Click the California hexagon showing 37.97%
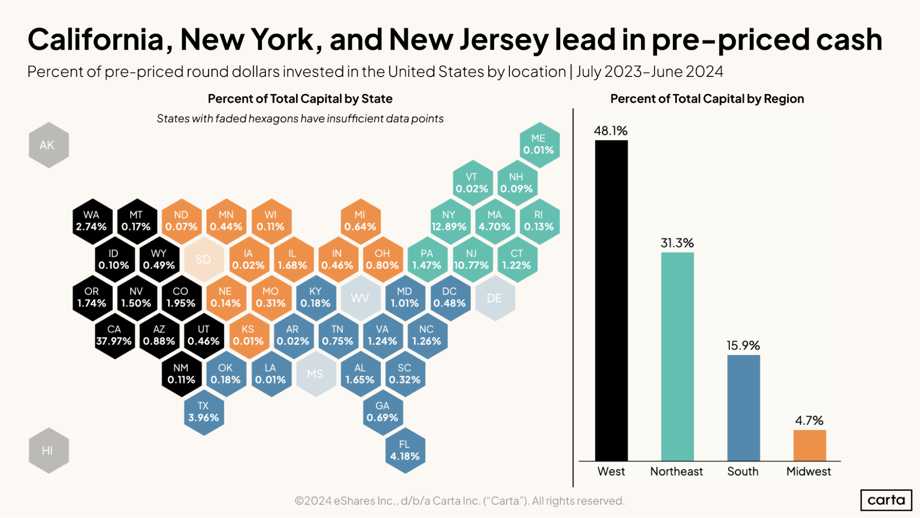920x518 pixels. coord(114,336)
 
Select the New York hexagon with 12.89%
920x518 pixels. coord(449,221)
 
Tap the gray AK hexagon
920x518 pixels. coord(48,145)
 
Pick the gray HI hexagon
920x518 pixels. coord(48,450)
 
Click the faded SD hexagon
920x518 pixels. coord(203,260)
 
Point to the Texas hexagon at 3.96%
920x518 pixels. coord(203,412)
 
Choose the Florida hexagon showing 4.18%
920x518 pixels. coord(405,450)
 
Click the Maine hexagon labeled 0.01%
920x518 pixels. coord(538,145)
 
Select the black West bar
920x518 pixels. coord(611,299)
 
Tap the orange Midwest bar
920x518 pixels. coord(809,445)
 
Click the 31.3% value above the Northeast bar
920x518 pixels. coord(677,243)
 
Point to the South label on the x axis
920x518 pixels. coord(743,471)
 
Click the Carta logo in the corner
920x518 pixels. coord(886,500)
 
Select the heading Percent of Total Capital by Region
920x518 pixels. coord(707,99)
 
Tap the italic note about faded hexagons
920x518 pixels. coord(300,119)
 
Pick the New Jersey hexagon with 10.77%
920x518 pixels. coord(471,260)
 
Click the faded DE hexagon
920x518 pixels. coord(494,298)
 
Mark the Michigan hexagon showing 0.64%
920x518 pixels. coord(360,221)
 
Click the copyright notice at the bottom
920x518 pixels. coord(459,501)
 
